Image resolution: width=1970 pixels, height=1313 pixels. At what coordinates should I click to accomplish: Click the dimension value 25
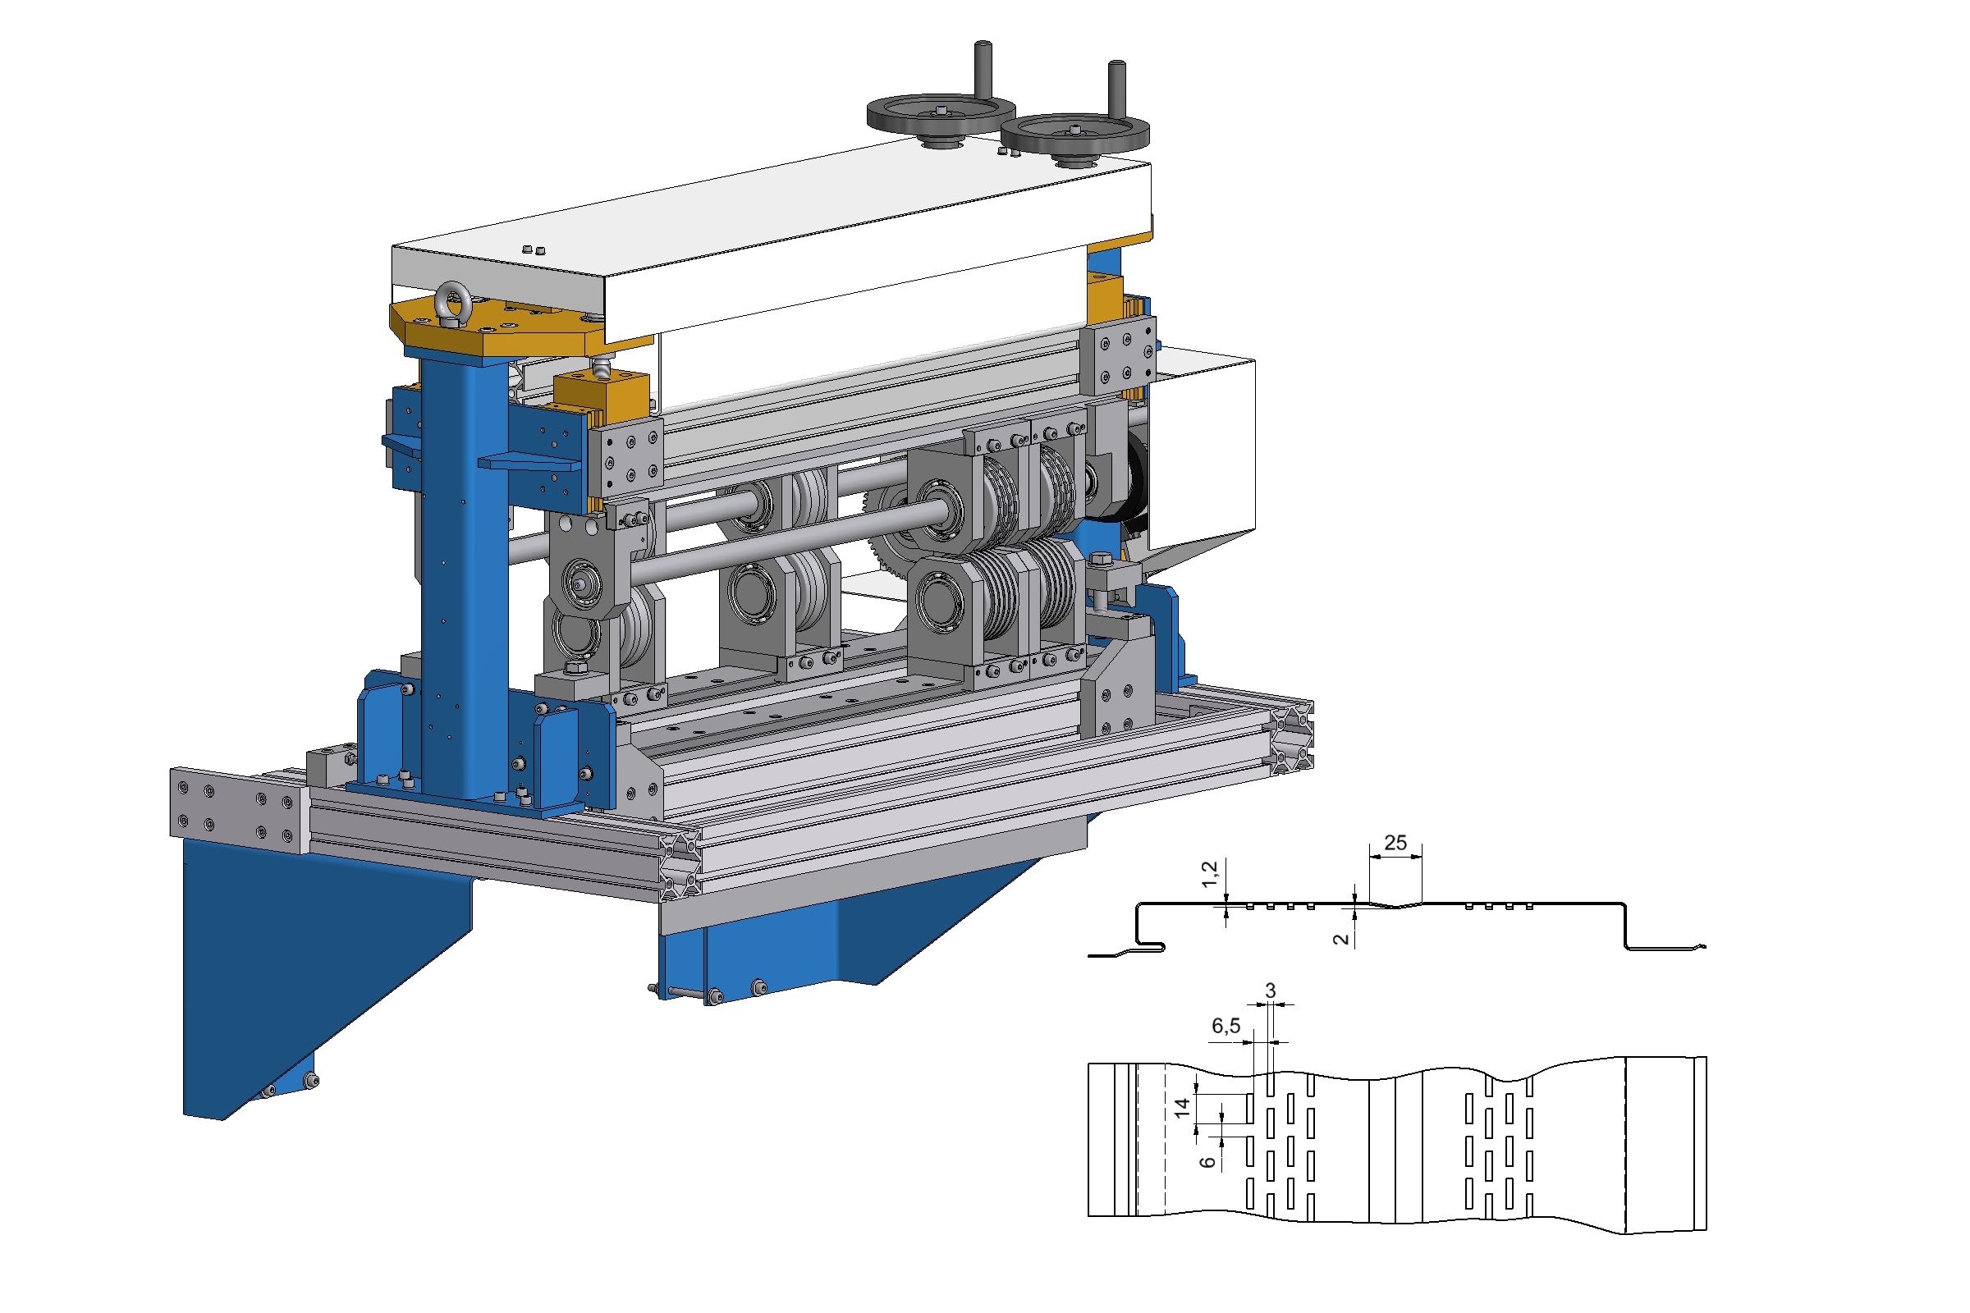(x=1395, y=843)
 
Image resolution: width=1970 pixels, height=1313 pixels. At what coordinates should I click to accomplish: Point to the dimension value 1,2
(x=1209, y=874)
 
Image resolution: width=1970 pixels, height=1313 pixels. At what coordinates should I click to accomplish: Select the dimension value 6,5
(x=1226, y=1026)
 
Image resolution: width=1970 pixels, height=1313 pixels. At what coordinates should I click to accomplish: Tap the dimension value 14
(x=1182, y=1108)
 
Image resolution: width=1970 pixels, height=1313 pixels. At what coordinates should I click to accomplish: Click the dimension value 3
(x=1271, y=990)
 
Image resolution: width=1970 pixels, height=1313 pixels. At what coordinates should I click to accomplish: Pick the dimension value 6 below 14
(x=1207, y=1162)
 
